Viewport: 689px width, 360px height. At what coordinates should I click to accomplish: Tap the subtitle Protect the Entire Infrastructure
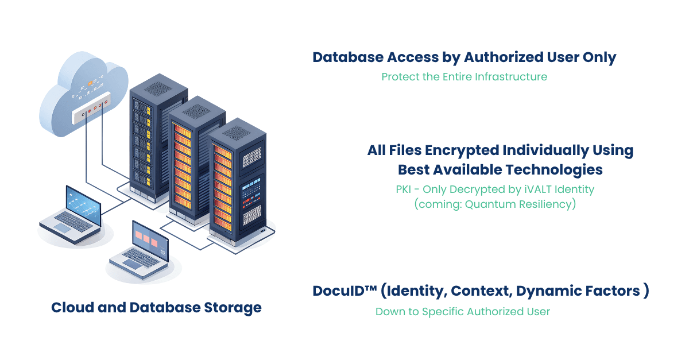pyautogui.click(x=464, y=77)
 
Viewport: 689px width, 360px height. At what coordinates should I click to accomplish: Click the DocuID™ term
pyautogui.click(x=343, y=291)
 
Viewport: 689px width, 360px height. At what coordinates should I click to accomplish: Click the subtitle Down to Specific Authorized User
pyautogui.click(x=463, y=312)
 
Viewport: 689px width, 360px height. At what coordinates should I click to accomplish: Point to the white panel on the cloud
pyautogui.click(x=89, y=112)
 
